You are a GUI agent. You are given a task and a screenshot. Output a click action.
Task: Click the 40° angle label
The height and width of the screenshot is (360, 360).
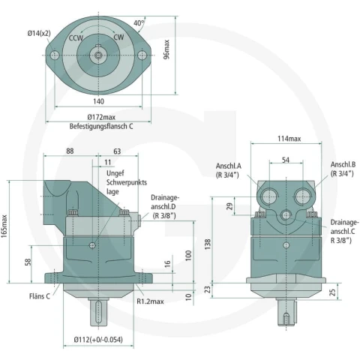click(139, 22)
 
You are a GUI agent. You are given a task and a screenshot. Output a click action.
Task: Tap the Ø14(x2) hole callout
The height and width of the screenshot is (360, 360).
click(39, 33)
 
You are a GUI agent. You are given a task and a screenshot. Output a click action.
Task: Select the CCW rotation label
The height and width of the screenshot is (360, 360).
click(76, 38)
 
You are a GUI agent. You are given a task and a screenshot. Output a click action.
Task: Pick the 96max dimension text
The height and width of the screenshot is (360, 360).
click(166, 49)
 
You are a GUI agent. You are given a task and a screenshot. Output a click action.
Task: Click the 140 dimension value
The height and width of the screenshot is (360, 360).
click(98, 101)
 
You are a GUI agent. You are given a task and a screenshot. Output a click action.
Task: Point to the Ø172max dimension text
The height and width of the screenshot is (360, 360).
click(101, 117)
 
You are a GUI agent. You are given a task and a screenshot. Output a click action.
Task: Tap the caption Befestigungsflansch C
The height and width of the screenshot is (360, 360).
click(101, 126)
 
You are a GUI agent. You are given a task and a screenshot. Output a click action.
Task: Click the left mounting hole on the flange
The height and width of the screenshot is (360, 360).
click(55, 55)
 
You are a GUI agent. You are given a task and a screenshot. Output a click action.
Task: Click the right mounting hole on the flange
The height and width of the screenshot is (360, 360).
click(142, 55)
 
